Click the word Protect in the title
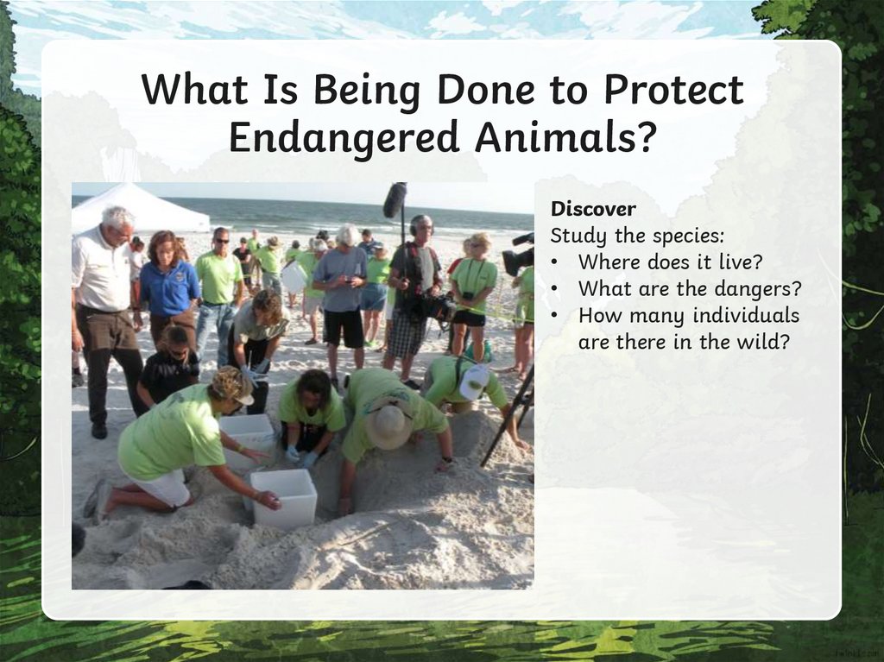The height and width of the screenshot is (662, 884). pos(673,90)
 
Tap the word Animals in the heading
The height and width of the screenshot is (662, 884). pos(565,137)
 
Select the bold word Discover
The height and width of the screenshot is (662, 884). pos(593,209)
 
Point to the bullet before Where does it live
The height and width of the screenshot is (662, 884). pos(556,262)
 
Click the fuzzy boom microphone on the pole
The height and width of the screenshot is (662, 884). pos(395,200)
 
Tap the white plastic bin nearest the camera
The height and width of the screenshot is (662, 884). pos(283,498)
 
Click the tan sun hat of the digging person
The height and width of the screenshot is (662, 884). pos(389,425)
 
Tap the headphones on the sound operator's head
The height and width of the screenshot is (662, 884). pos(420,224)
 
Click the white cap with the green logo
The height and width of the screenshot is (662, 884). pos(474,381)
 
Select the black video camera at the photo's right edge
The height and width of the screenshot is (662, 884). pos(518,255)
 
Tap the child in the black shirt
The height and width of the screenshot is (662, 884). pos(168,367)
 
